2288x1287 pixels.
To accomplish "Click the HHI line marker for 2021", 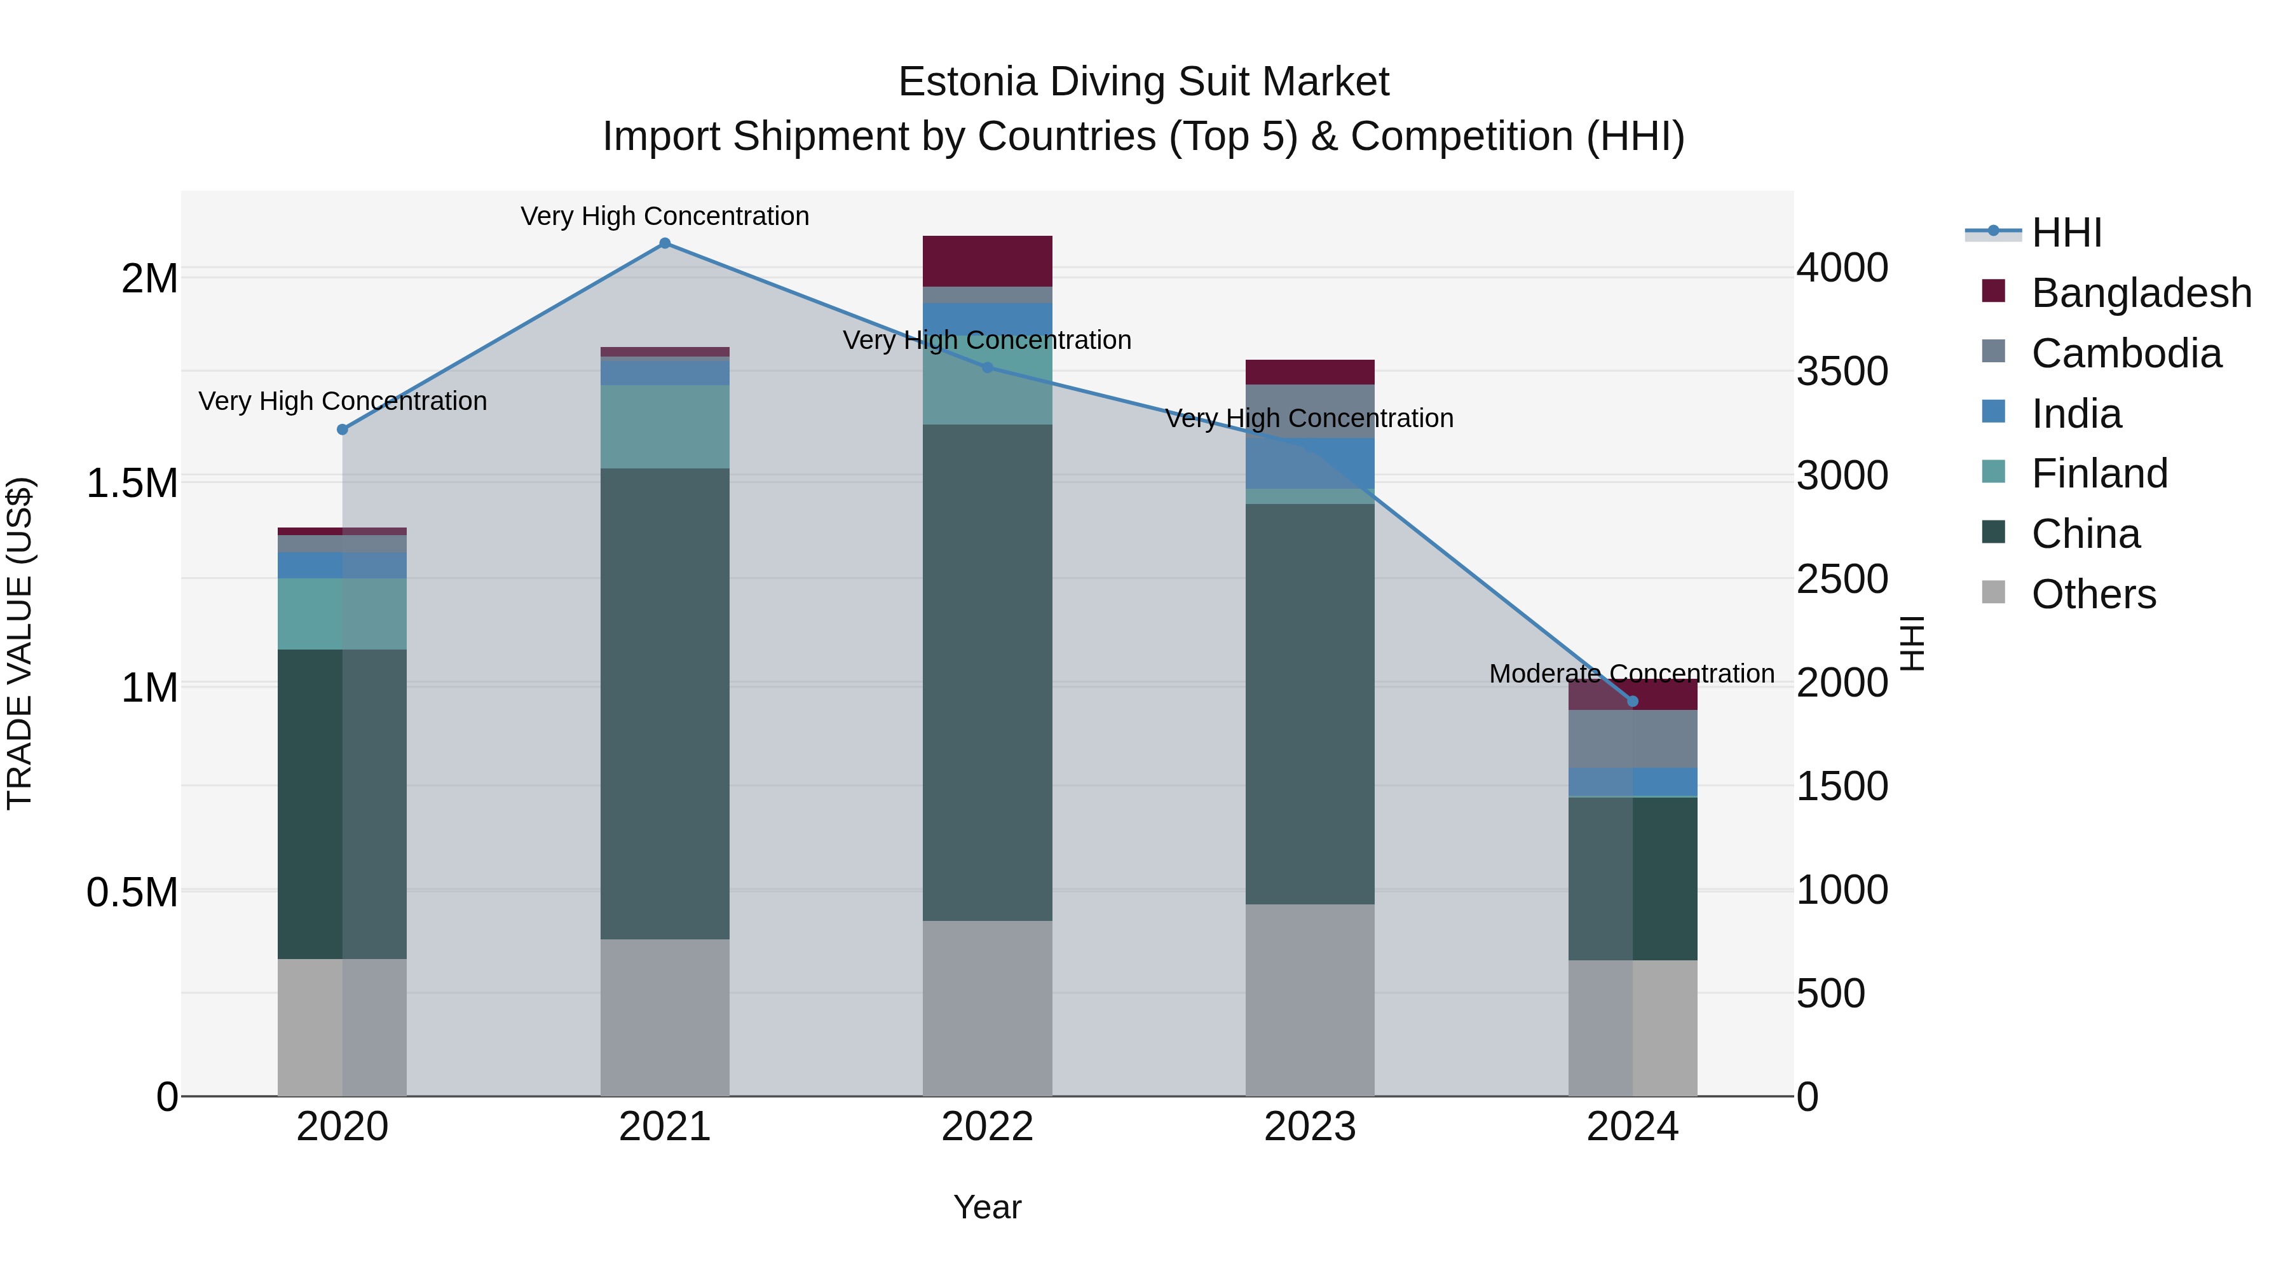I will point(664,243).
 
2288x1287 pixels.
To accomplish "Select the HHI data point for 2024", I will point(1631,702).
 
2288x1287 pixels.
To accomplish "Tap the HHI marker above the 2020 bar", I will point(343,430).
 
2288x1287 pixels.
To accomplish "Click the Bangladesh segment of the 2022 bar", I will point(987,261).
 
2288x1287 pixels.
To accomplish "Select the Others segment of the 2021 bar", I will point(664,1017).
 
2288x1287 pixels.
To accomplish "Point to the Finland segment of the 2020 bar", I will point(343,614).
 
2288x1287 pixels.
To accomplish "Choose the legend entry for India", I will point(2076,414).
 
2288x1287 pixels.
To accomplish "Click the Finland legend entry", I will point(2099,473).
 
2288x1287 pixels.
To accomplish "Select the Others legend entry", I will point(2093,594).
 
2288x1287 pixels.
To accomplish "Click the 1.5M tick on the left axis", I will point(132,484).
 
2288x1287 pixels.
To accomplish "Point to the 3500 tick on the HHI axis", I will point(1841,371).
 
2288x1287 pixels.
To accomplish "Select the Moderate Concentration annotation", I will point(1631,674).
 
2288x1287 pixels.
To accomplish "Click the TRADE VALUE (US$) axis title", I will point(20,643).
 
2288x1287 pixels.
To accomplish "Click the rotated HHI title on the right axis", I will point(1911,643).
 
